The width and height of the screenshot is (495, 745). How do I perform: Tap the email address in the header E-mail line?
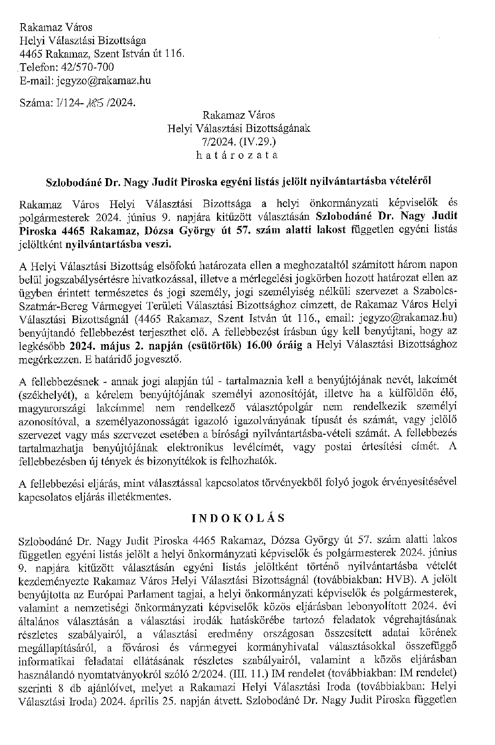103,81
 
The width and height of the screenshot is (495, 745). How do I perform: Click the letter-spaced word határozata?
238,155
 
